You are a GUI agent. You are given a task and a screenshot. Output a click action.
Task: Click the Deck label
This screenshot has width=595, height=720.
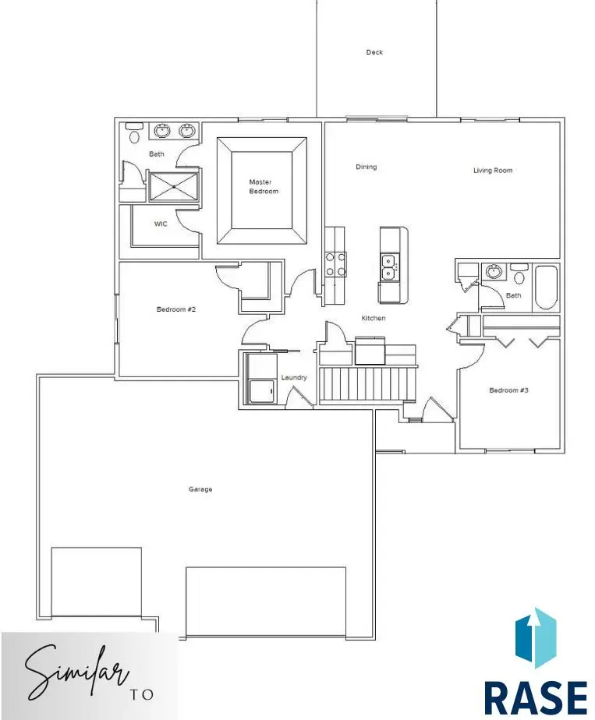[374, 52]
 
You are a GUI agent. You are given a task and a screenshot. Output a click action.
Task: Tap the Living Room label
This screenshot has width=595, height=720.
[493, 171]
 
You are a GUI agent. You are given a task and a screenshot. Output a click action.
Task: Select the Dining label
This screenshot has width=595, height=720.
[367, 167]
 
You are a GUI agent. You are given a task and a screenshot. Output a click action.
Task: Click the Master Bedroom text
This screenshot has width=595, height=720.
[264, 186]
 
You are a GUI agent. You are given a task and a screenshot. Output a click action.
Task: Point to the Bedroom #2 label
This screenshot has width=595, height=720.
[176, 309]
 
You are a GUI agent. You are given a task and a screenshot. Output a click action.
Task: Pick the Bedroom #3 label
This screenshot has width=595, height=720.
[508, 390]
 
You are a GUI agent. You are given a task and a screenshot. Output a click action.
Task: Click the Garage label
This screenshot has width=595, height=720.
[200, 489]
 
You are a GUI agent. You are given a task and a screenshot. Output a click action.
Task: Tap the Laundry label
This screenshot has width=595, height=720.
[294, 377]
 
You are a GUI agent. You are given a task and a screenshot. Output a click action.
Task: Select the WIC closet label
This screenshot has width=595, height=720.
[161, 224]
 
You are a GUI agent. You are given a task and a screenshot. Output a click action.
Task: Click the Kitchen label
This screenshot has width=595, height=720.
[373, 318]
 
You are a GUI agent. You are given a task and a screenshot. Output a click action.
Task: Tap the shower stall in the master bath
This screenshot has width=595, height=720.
[174, 186]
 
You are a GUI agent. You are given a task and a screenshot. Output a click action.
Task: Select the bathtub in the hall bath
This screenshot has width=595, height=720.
[546, 288]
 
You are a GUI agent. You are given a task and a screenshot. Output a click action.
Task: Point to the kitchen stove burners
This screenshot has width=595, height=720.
[335, 265]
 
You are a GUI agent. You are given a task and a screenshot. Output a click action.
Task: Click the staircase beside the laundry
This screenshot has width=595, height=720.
[367, 383]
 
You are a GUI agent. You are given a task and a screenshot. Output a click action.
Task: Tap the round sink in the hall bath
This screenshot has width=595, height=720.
[494, 271]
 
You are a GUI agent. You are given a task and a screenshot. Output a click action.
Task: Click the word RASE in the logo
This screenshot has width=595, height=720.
[536, 700]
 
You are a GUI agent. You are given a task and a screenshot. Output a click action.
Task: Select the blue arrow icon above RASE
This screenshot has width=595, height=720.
[536, 638]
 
